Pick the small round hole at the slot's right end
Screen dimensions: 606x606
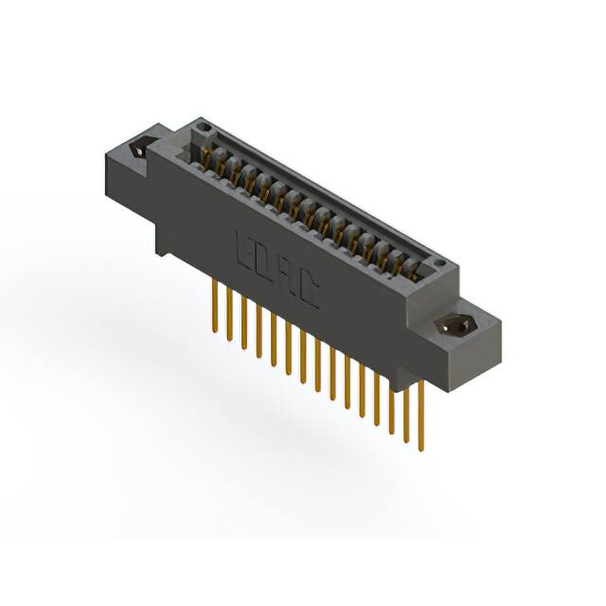pos(437,262)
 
